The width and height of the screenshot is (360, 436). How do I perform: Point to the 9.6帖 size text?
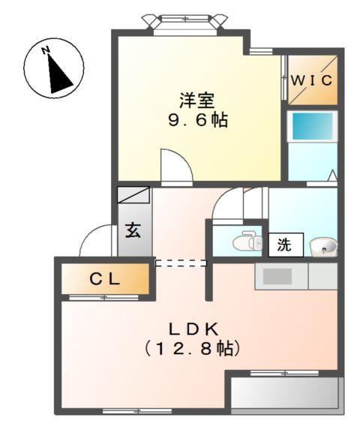196,119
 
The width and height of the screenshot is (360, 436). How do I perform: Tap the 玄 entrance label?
133,230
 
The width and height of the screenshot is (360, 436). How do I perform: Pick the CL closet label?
105,279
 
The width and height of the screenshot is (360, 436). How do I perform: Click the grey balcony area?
285,392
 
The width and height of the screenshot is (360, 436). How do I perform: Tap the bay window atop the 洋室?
185,20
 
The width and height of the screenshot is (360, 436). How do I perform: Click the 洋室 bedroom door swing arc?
175,165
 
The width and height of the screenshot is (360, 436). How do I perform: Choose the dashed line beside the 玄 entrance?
180,263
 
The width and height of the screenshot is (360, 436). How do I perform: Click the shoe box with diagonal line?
133,195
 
